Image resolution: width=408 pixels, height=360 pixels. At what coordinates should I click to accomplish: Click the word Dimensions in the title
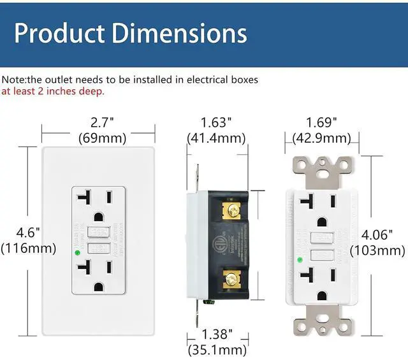[180, 32]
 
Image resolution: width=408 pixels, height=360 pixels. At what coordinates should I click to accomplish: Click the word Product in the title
[60, 32]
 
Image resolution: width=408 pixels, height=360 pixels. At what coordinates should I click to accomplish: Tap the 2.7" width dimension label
[102, 122]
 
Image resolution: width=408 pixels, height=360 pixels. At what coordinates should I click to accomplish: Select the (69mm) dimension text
[102, 137]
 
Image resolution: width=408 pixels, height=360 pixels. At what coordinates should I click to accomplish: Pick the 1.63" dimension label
[216, 122]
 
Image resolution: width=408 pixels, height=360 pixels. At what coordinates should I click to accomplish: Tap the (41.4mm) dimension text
[216, 137]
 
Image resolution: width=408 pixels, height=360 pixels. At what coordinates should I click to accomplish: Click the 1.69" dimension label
[321, 122]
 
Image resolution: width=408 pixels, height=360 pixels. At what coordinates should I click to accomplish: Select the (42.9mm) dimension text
[321, 138]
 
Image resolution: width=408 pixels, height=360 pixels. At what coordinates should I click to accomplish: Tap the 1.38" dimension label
[216, 334]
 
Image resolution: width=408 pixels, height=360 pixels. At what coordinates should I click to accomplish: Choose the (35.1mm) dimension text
[216, 349]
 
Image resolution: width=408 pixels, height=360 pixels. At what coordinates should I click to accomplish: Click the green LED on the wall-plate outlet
[77, 252]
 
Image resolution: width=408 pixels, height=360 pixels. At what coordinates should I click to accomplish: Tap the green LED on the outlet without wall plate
[300, 259]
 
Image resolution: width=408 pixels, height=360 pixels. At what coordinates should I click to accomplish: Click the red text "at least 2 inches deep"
[53, 91]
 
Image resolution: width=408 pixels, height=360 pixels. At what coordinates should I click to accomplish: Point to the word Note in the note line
[12, 80]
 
